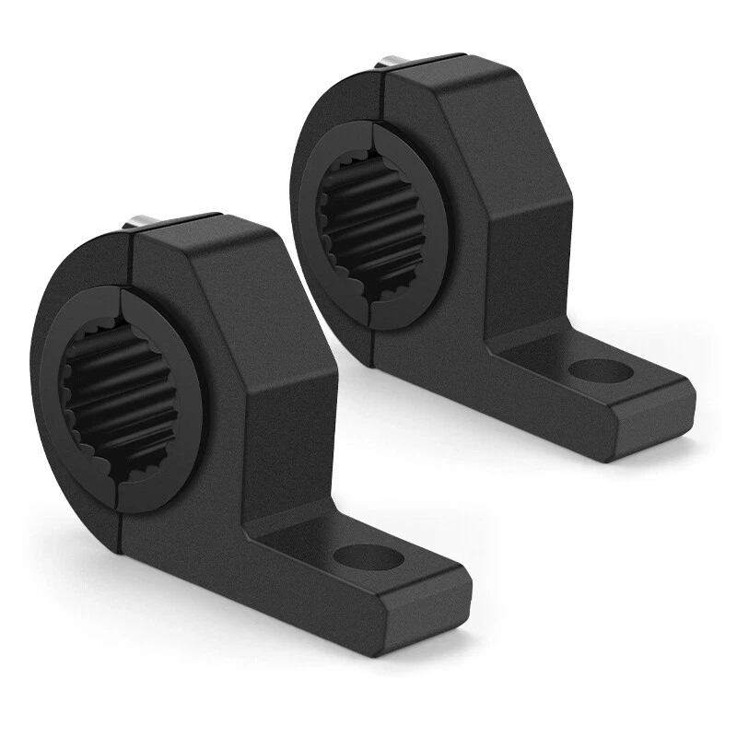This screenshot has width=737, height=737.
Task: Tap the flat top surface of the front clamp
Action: pyautogui.click(x=203, y=230)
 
